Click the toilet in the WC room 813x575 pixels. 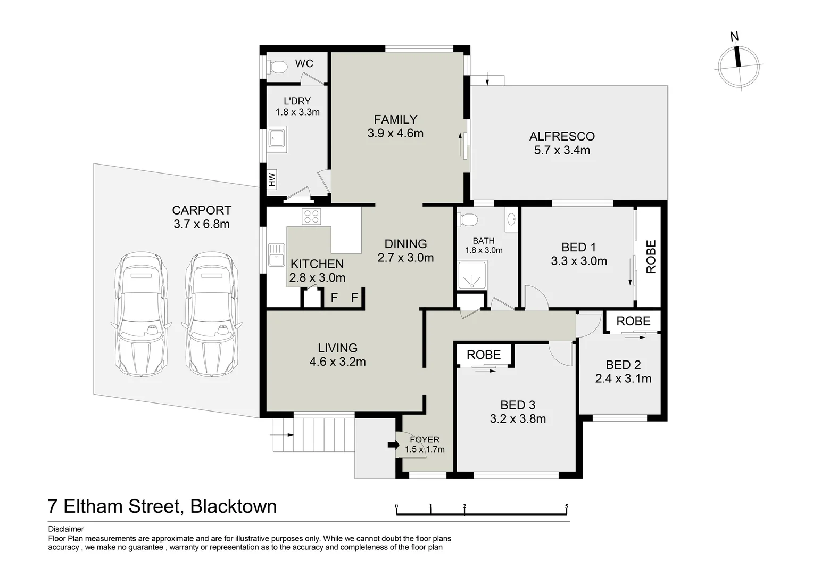(277, 67)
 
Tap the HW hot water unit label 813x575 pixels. (272, 180)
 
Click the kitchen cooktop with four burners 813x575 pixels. (311, 216)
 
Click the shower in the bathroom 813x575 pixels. (471, 276)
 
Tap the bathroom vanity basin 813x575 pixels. (511, 219)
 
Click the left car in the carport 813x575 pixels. (141, 315)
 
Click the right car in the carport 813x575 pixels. (211, 315)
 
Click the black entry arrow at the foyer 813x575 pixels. (393, 445)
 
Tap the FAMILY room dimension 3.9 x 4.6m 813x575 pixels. (395, 133)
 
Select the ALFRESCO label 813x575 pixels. (562, 136)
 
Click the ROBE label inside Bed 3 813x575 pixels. (484, 355)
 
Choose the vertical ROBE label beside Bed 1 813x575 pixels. (651, 257)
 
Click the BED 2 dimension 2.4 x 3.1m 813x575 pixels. (623, 379)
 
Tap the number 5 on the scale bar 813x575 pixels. (567, 506)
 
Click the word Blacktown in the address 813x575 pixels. (234, 506)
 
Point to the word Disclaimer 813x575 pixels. (66, 529)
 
